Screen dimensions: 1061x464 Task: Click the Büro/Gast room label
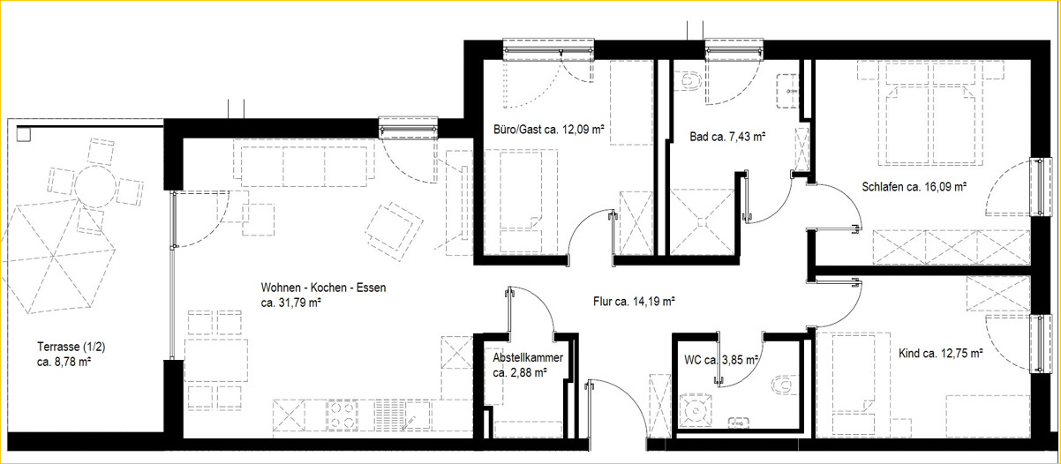click(518, 130)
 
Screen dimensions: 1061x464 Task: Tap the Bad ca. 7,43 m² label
click(727, 137)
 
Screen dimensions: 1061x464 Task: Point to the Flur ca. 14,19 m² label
click(634, 301)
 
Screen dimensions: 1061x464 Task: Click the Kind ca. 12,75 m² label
click(941, 353)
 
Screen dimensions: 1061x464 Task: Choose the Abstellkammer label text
click(528, 357)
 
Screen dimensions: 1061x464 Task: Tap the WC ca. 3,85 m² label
click(721, 360)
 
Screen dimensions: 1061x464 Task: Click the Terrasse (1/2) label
click(71, 347)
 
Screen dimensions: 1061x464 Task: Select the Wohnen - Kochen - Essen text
click(323, 288)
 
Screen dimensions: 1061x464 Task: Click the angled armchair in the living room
click(394, 230)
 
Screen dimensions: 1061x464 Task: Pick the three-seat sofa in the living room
click(305, 163)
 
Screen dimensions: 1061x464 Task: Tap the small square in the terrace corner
click(23, 134)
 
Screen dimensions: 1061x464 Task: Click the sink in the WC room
click(739, 422)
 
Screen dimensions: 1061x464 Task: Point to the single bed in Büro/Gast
click(521, 202)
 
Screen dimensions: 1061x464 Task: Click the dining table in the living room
click(216, 360)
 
